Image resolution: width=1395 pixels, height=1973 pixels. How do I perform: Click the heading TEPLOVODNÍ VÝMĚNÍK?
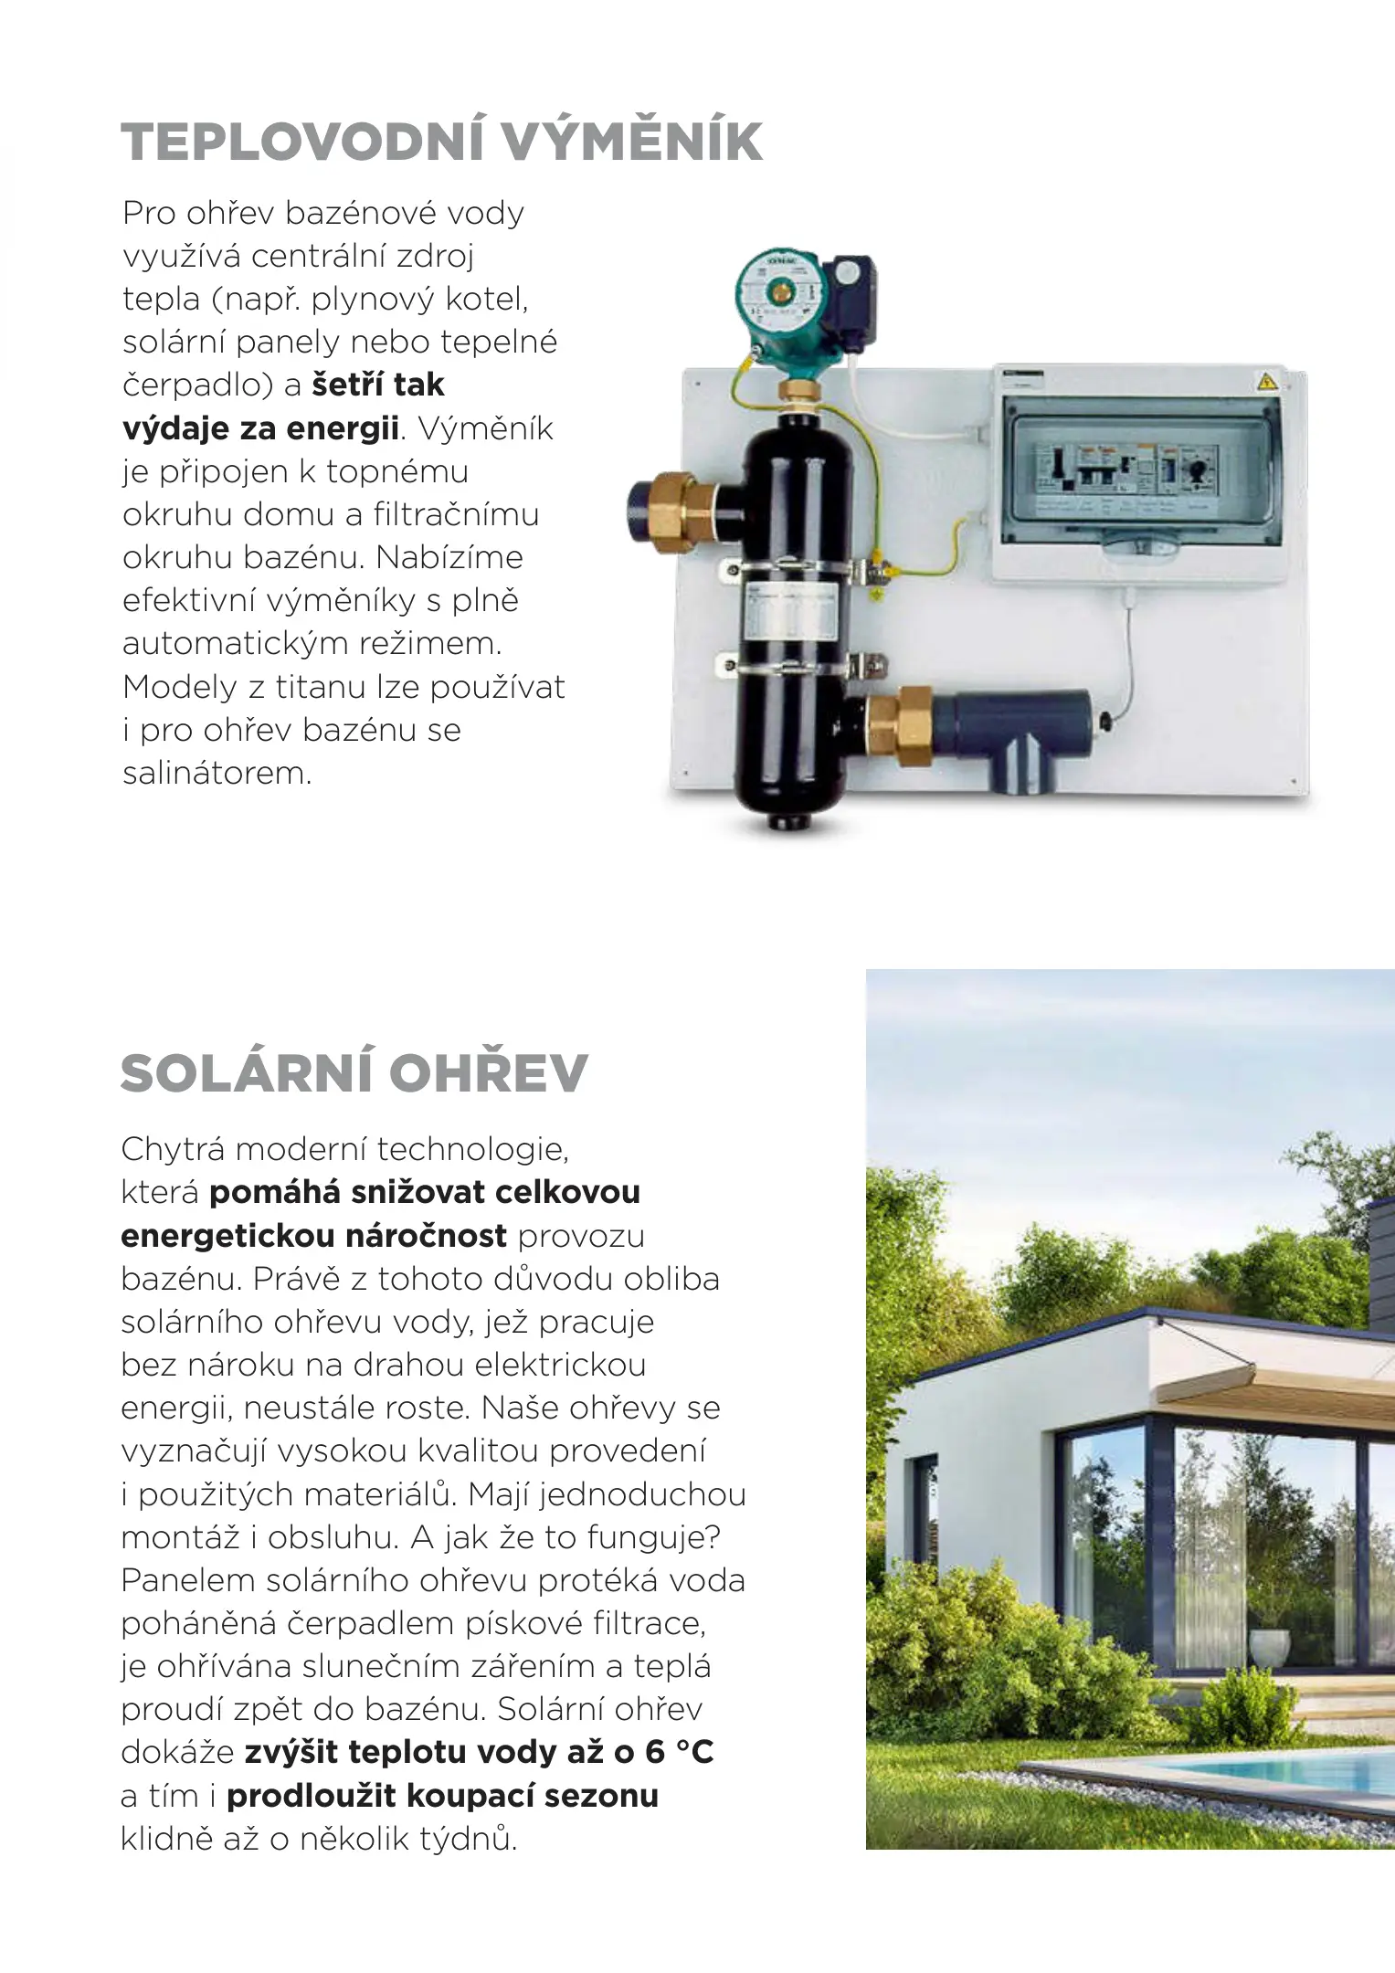[x=441, y=142]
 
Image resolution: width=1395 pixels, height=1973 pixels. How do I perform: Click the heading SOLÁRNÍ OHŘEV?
[x=354, y=1073]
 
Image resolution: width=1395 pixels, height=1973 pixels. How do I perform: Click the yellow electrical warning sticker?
[x=1267, y=382]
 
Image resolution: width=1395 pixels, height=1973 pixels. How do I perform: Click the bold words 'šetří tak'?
[x=377, y=385]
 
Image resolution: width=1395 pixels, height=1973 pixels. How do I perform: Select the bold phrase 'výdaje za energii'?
[x=260, y=427]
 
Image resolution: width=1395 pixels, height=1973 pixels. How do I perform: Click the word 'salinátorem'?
[x=217, y=773]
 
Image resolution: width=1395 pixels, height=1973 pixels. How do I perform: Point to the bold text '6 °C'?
[x=679, y=1752]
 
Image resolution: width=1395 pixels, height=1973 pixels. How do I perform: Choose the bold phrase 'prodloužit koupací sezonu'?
[x=442, y=1795]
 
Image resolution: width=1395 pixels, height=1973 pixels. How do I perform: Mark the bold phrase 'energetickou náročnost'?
[x=313, y=1236]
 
